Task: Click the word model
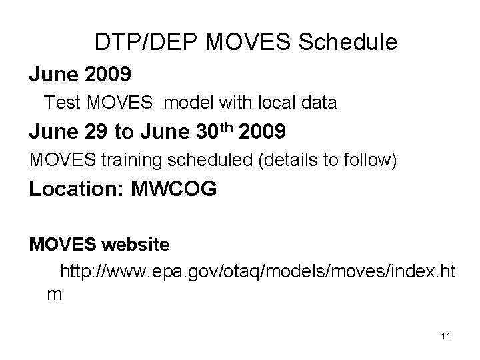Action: (183, 103)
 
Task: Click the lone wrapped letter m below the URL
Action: (54, 295)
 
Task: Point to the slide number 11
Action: (445, 336)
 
